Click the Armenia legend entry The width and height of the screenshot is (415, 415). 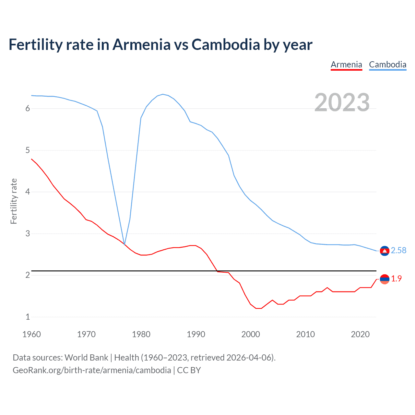pyautogui.click(x=346, y=65)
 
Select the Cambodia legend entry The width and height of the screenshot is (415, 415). pyautogui.click(x=387, y=65)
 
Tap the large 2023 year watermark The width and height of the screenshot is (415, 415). pyautogui.click(x=342, y=102)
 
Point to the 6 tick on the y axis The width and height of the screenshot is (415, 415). pyautogui.click(x=28, y=109)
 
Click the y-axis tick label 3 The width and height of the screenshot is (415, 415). pyautogui.click(x=28, y=233)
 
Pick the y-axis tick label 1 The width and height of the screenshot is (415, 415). pyautogui.click(x=28, y=317)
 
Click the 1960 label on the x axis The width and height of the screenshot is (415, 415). pyautogui.click(x=31, y=334)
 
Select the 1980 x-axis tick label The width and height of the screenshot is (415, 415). pyautogui.click(x=141, y=334)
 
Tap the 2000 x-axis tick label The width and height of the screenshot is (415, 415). pyautogui.click(x=251, y=334)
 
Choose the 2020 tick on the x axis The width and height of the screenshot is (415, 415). pyautogui.click(x=360, y=334)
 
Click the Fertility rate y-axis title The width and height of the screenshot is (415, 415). pyautogui.click(x=14, y=201)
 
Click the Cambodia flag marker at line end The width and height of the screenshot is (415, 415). pyautogui.click(x=385, y=251)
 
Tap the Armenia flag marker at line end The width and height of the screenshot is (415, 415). pyautogui.click(x=385, y=279)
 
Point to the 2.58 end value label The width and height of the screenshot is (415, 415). pyautogui.click(x=398, y=250)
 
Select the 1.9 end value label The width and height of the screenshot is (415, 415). pyautogui.click(x=396, y=279)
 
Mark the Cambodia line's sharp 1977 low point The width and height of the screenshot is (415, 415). pyautogui.click(x=124, y=244)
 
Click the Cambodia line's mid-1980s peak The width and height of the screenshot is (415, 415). pyautogui.click(x=162, y=94)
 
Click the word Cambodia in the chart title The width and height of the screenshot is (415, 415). pyautogui.click(x=226, y=44)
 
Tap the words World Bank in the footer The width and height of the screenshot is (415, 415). pyautogui.click(x=86, y=358)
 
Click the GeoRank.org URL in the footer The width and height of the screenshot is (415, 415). pyautogui.click(x=92, y=370)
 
